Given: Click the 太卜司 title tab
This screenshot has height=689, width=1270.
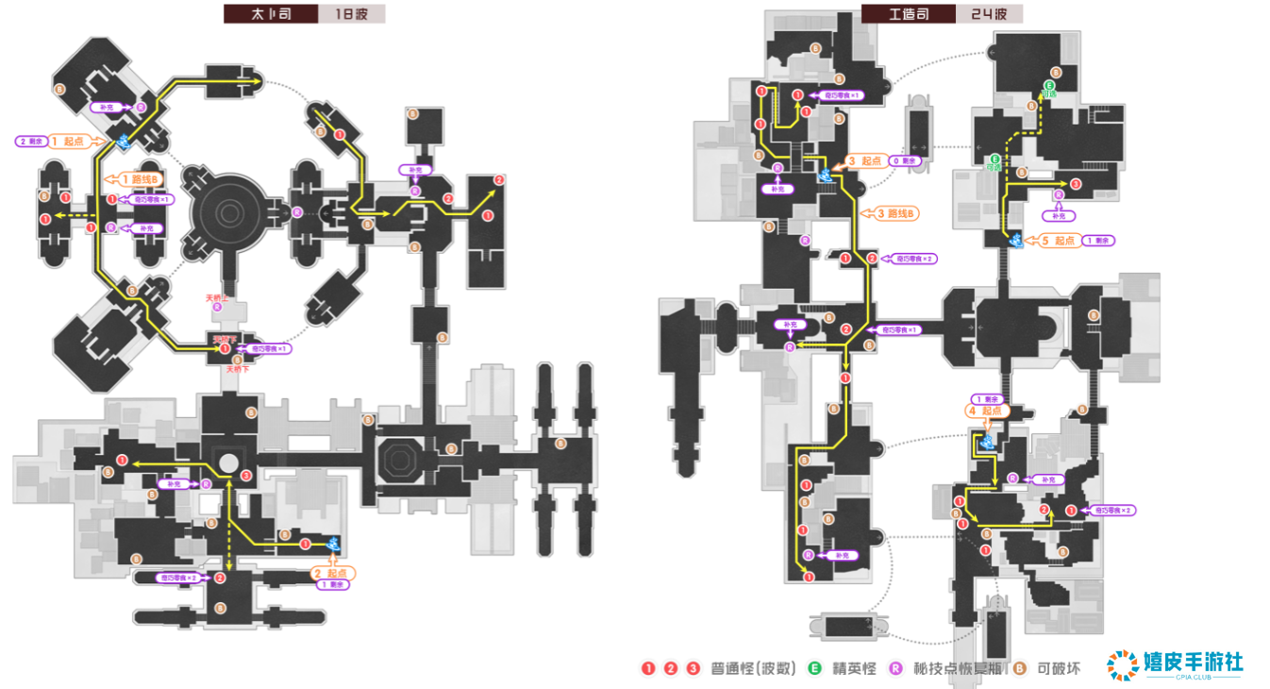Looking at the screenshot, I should click(x=270, y=14).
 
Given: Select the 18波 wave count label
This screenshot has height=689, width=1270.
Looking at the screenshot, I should click(x=350, y=14).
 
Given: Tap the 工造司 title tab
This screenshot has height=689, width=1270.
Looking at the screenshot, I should click(x=908, y=14).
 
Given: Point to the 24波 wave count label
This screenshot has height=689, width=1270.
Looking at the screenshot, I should click(x=988, y=14).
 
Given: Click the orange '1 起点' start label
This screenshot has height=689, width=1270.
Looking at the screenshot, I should click(x=67, y=141).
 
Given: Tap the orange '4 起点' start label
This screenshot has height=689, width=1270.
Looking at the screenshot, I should click(x=987, y=411).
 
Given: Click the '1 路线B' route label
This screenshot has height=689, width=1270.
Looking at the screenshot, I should click(x=138, y=178).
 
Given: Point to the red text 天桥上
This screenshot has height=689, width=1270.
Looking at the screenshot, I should click(x=218, y=297).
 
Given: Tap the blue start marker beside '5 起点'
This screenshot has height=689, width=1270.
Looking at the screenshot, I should click(x=1016, y=240).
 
